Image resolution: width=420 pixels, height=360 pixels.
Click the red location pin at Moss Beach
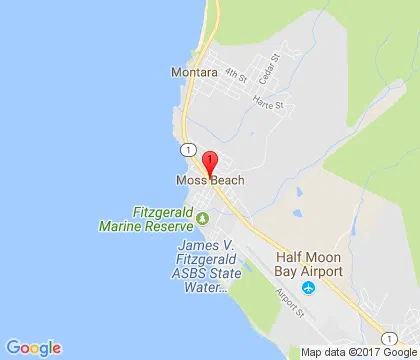[210, 162]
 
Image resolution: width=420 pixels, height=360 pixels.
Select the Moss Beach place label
[210, 181]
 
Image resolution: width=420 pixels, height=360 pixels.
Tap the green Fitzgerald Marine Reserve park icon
[203, 218]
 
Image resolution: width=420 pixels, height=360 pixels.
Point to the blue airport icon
[309, 288]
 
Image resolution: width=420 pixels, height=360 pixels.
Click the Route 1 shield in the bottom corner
[387, 337]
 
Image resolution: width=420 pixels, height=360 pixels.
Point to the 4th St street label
[235, 75]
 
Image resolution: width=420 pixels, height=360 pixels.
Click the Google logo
[33, 348]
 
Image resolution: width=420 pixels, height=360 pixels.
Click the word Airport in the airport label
[323, 271]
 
